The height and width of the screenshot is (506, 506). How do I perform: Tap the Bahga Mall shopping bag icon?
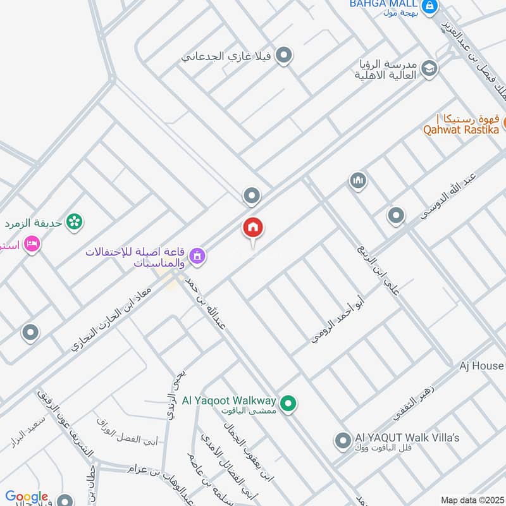(429, 6)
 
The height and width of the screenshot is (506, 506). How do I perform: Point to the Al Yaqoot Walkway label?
(229, 400)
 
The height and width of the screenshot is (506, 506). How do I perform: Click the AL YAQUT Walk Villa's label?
(407, 438)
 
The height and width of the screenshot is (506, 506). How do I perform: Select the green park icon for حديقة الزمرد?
(75, 221)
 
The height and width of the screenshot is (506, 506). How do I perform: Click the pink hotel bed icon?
(31, 244)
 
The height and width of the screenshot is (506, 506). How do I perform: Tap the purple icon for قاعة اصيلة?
(198, 256)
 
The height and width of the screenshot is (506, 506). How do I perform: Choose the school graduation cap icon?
(429, 68)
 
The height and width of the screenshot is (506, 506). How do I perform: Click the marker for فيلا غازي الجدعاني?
(284, 56)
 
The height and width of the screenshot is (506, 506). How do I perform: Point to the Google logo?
(27, 497)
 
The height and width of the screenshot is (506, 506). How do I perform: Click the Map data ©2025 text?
(471, 500)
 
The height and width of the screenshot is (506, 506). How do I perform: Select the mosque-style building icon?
(358, 182)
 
